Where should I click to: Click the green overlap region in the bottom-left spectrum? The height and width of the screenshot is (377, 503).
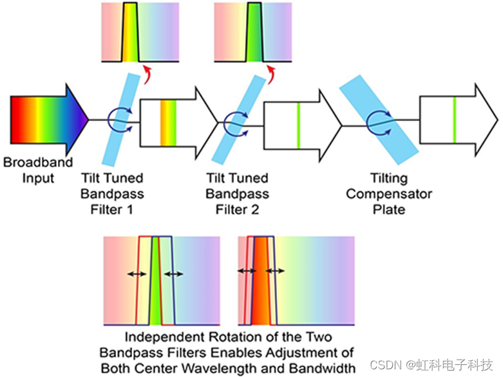(157, 283)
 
